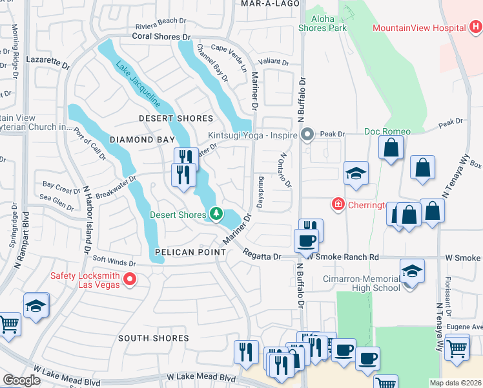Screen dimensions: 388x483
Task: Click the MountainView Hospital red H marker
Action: pos(475,28)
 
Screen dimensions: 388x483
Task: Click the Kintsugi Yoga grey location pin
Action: pos(307,135)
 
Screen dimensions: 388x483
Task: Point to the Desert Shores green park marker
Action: pos(216,214)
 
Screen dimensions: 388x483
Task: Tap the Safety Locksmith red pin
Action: pos(130,279)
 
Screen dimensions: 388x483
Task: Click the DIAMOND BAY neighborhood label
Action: pos(142,140)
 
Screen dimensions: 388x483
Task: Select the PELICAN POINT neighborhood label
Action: pos(187,251)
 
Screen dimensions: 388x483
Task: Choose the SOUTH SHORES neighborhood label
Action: pos(154,338)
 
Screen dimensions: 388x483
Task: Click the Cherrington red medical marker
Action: pos(337,204)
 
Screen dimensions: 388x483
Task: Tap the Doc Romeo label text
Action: pos(387,131)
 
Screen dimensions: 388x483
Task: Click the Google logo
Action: pos(21,380)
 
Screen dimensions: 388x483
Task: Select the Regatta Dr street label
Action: pos(262,257)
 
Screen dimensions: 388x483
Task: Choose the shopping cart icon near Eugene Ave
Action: pos(457,349)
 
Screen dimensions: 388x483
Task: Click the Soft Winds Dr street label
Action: pos(114,263)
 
